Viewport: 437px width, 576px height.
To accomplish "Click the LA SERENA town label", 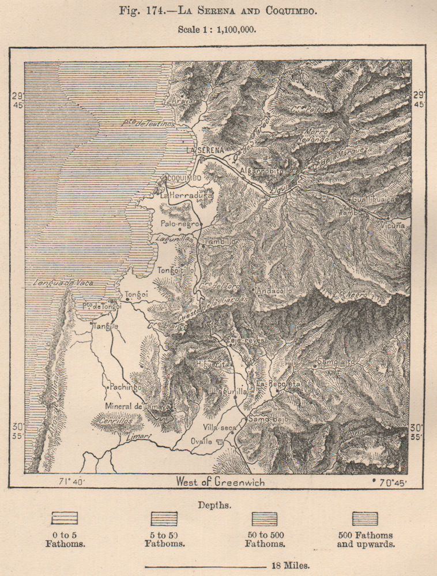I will click(x=204, y=150).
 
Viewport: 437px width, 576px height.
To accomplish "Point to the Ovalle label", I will click(x=202, y=441).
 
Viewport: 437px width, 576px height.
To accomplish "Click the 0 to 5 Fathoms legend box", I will click(x=65, y=518).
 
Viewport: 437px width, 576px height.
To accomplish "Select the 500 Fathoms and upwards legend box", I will click(x=365, y=518).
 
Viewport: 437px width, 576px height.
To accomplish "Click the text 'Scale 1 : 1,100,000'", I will click(x=218, y=28).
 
